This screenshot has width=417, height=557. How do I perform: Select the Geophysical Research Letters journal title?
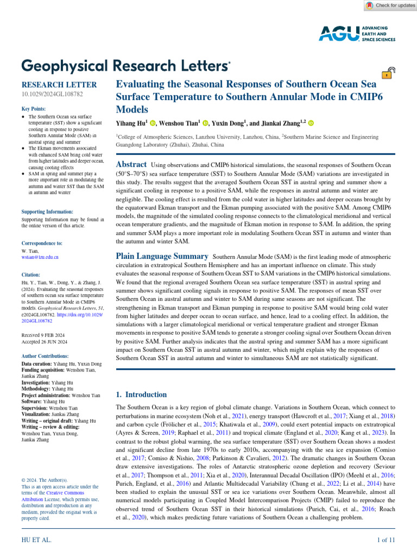point(125,66)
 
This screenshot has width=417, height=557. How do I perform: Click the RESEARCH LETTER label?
point(59,85)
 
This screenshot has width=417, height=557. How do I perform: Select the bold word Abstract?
point(132,164)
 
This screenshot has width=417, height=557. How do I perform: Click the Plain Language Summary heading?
point(163,256)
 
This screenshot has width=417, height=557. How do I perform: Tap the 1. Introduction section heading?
point(142,394)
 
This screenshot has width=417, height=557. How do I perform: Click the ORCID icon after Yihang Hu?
point(154,123)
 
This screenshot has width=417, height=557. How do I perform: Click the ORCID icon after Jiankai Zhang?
point(311,123)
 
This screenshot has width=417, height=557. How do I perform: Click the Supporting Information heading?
point(47,212)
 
